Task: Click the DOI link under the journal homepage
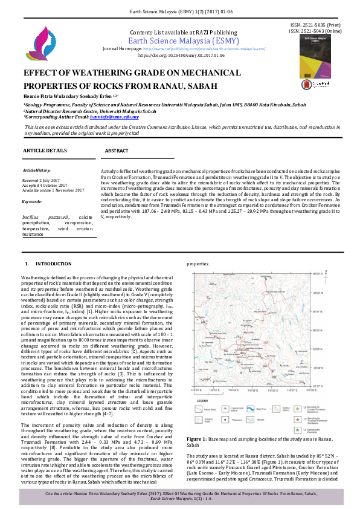click(x=181, y=55)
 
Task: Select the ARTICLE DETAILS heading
click(x=45, y=149)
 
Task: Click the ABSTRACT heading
click(x=116, y=150)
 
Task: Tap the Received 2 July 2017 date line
click(x=40, y=181)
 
